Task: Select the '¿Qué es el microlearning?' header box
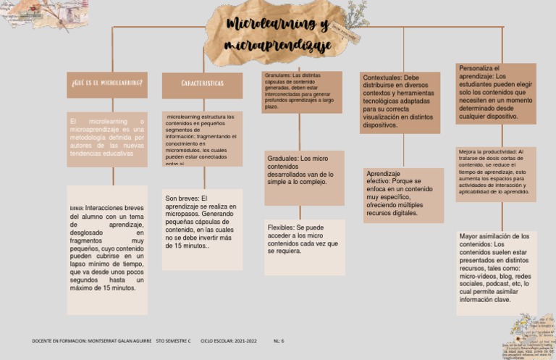click(107, 84)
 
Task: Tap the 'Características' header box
click(202, 84)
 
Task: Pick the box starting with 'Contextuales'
click(400, 101)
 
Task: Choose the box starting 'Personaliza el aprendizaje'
click(496, 93)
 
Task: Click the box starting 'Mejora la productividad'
click(496, 173)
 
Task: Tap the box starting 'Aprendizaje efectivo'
click(403, 194)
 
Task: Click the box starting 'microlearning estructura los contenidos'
click(202, 139)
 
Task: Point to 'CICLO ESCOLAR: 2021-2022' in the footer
click(228, 340)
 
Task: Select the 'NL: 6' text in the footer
click(279, 340)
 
